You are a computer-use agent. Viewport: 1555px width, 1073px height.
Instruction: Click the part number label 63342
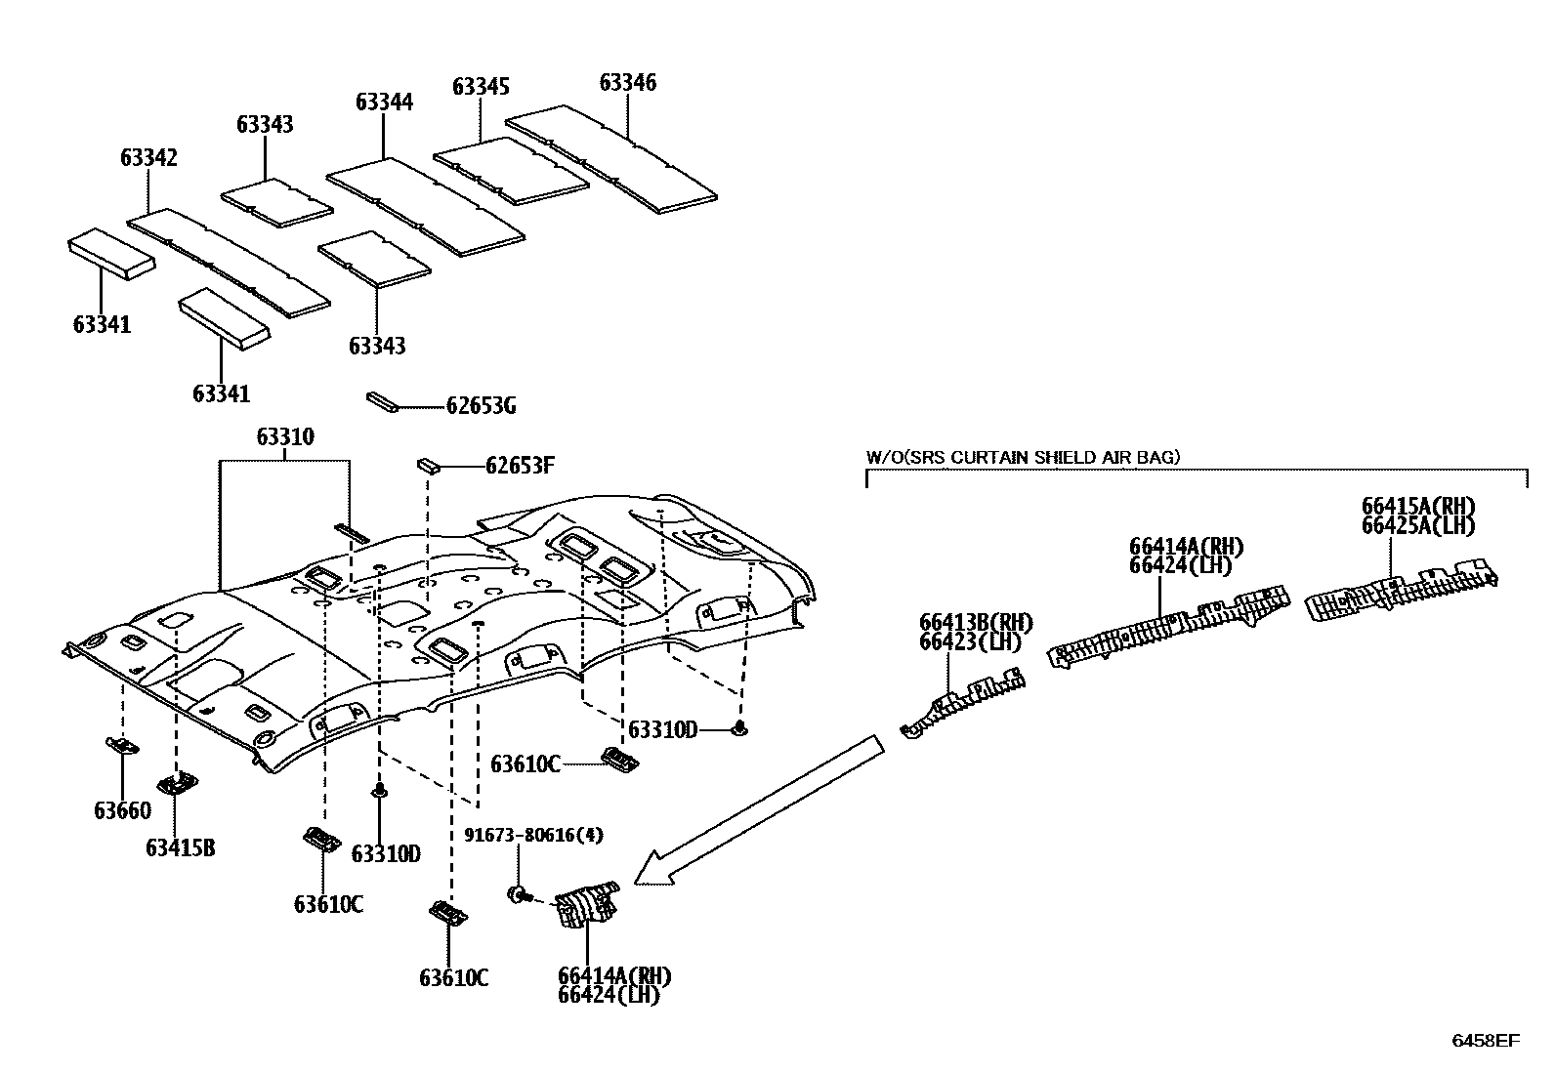pyautogui.click(x=149, y=157)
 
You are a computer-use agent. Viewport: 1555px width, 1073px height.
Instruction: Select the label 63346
pyautogui.click(x=628, y=82)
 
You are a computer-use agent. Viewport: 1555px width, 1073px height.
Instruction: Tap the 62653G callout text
pyautogui.click(x=481, y=405)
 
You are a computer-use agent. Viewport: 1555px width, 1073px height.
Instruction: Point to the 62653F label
pyautogui.click(x=520, y=466)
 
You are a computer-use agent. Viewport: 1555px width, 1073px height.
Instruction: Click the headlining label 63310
pyautogui.click(x=285, y=436)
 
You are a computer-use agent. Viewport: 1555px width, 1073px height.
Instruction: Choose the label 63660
pyautogui.click(x=123, y=810)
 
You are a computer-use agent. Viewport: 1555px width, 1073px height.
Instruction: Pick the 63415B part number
pyautogui.click(x=181, y=847)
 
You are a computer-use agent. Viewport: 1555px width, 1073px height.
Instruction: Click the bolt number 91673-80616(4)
pyautogui.click(x=533, y=835)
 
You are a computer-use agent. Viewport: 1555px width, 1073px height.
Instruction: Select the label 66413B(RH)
pyautogui.click(x=976, y=622)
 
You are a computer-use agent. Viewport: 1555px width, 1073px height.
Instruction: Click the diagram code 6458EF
pyautogui.click(x=1485, y=1041)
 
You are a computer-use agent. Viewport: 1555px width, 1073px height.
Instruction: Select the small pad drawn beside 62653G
pyautogui.click(x=381, y=402)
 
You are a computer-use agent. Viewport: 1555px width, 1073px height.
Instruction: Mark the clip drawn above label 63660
pyautogui.click(x=122, y=747)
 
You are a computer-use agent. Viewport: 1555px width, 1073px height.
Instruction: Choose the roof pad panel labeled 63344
pyautogui.click(x=425, y=206)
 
